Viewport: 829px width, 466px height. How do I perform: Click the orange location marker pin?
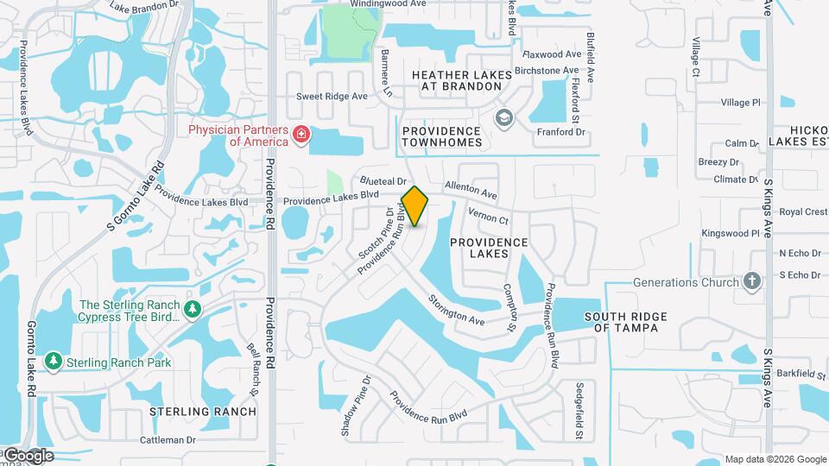(415, 205)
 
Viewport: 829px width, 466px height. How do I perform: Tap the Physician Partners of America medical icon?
(301, 135)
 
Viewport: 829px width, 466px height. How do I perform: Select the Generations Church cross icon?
(752, 281)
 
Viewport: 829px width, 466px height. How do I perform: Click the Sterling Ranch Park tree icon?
(54, 361)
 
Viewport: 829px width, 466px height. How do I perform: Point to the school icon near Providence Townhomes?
(502, 116)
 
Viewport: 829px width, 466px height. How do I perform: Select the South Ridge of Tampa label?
(626, 322)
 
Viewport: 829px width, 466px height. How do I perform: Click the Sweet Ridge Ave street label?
(332, 96)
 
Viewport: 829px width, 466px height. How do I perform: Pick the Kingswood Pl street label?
(731, 233)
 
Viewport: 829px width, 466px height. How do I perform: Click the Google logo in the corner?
(28, 455)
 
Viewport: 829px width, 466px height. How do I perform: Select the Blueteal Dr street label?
(383, 182)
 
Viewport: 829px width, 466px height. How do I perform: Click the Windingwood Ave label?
(388, 4)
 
